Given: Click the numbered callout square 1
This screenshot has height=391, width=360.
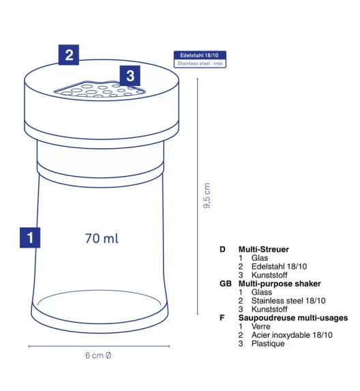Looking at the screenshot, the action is pos(30,237).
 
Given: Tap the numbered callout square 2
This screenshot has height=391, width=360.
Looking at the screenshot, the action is pos(69,55).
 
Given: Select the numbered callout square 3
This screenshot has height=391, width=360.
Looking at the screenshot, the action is pos(130,76).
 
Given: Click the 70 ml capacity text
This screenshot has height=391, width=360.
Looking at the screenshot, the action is pos(102,238).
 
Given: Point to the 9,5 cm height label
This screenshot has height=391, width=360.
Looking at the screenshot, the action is pos(207,195).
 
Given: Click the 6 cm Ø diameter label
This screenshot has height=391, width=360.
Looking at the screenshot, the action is pos(98,355).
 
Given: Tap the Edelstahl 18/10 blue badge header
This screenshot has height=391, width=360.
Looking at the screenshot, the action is pos(200,55).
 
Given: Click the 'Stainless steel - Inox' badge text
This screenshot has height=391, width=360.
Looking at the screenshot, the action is pos(200,63).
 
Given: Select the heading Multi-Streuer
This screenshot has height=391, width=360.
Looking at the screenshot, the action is pos(264,249).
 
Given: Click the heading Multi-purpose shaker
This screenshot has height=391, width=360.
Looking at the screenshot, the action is pos(280,283).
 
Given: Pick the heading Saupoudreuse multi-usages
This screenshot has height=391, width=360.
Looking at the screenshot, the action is pos(293,318).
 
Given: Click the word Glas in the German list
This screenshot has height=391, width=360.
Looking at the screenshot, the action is pos(260,258).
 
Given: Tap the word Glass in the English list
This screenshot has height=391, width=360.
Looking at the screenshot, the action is pos(262,292).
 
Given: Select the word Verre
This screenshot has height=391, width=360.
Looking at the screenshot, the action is pos(261,326).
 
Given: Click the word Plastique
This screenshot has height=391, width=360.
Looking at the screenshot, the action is pos(268,344).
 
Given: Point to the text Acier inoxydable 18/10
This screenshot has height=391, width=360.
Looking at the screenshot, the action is pos(292,335).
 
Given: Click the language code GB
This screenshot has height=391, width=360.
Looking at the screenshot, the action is pos(226,283).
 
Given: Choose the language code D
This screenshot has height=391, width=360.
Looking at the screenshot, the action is pos(222,249).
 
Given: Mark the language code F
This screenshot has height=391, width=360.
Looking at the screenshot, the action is pos(222,318).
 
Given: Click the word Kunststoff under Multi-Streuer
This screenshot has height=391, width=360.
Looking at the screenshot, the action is pos(269,275).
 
